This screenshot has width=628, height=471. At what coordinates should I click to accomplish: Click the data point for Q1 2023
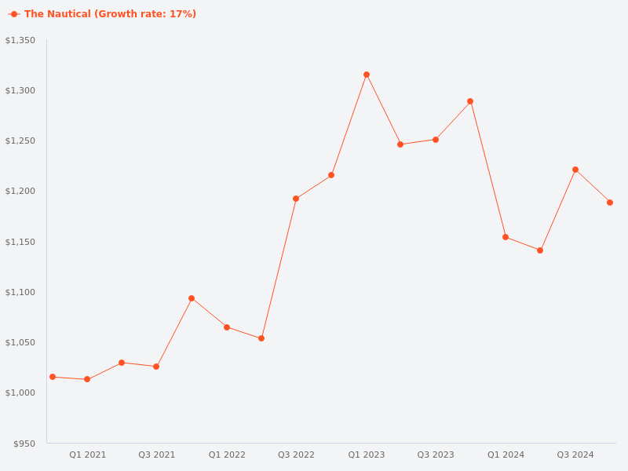[367, 75]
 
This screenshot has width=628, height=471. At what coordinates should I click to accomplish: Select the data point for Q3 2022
[296, 199]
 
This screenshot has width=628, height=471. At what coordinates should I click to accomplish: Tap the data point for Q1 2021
[87, 379]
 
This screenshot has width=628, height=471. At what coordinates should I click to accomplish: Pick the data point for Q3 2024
[575, 170]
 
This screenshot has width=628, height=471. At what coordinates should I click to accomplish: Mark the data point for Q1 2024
[506, 237]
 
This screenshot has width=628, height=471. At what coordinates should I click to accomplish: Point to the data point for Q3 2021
[156, 367]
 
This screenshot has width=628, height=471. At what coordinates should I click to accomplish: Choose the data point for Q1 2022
[227, 327]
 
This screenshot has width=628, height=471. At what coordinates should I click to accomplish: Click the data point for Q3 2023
[436, 140]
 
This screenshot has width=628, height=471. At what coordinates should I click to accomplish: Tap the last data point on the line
[610, 203]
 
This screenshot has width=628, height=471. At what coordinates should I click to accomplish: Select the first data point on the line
[53, 377]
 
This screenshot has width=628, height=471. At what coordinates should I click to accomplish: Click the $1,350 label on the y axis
[20, 40]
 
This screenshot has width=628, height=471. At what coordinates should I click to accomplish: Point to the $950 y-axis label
[24, 444]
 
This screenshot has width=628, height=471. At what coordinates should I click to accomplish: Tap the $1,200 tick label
[20, 192]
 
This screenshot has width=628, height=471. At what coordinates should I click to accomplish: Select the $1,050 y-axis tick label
[20, 342]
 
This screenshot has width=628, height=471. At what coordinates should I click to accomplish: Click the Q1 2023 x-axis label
[367, 455]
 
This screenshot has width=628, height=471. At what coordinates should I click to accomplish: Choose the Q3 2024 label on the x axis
[575, 455]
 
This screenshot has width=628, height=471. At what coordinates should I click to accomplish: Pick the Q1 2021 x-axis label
[87, 455]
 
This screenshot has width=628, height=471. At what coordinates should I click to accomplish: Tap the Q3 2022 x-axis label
[296, 455]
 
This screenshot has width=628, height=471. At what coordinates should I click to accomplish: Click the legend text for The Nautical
[110, 14]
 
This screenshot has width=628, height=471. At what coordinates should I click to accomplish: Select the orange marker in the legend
[14, 14]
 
